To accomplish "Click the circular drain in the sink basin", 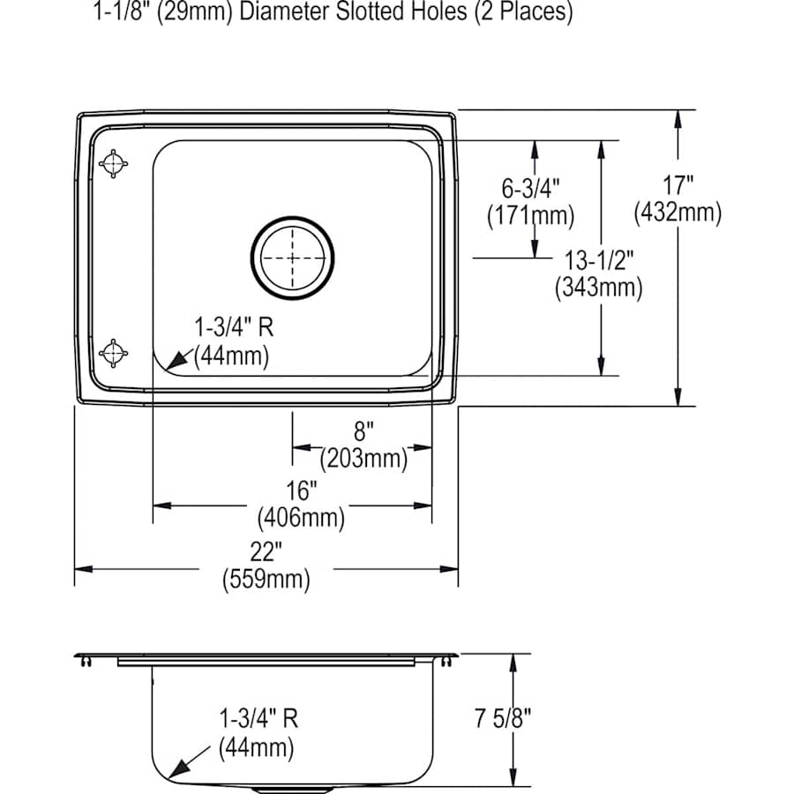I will pyautogui.click(x=293, y=257).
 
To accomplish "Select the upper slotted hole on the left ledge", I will pyautogui.click(x=114, y=163).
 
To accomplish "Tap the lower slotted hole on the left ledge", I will pyautogui.click(x=114, y=352).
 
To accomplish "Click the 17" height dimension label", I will pyautogui.click(x=678, y=186).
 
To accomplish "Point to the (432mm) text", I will pyautogui.click(x=678, y=212).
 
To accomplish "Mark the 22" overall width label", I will pyautogui.click(x=266, y=552).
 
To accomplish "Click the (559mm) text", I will pyautogui.click(x=266, y=580).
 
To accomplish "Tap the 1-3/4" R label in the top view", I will pyautogui.click(x=233, y=328).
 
